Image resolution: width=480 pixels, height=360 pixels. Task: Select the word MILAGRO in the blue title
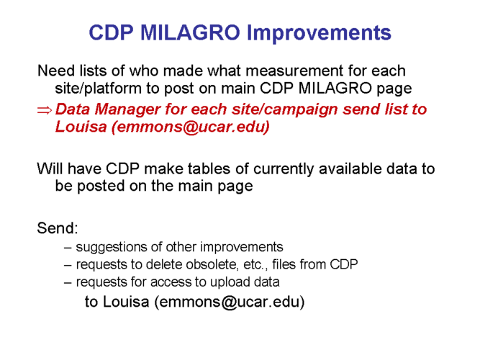click(190, 32)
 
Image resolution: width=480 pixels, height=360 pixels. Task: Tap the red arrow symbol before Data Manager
click(45, 110)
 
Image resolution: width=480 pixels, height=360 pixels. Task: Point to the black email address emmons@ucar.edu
click(232, 302)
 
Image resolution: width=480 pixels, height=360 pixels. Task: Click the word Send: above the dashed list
click(58, 228)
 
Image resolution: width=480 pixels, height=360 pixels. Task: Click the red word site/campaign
click(284, 110)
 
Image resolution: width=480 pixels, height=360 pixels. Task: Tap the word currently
click(284, 169)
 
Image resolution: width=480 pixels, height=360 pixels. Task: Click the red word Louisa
click(81, 127)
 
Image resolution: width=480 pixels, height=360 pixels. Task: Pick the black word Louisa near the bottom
click(126, 302)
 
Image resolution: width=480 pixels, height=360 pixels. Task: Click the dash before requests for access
click(68, 283)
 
